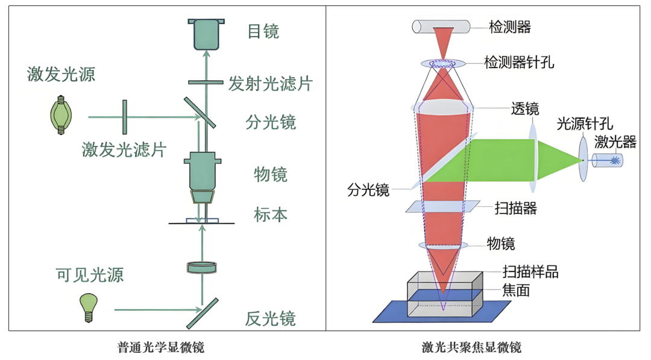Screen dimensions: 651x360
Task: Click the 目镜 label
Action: click(x=263, y=31)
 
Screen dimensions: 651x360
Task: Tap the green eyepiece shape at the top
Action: click(x=206, y=34)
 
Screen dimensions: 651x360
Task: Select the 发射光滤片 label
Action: click(x=270, y=83)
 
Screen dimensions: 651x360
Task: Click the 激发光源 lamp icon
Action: click(x=61, y=115)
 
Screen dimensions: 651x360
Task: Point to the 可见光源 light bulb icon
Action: click(x=89, y=308)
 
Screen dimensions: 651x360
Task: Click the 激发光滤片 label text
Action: click(x=124, y=150)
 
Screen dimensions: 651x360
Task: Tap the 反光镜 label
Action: click(x=270, y=318)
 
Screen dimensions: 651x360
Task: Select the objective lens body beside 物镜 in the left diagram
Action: click(x=202, y=178)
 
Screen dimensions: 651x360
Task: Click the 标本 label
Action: click(x=271, y=215)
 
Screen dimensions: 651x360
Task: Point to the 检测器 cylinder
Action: click(x=441, y=27)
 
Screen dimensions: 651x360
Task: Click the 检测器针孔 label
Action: click(x=519, y=62)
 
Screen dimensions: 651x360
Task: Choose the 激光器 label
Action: click(x=615, y=142)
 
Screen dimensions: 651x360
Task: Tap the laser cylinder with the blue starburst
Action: click(x=607, y=160)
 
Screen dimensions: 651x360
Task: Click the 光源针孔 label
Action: click(x=585, y=124)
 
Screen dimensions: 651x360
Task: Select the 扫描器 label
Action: click(x=515, y=207)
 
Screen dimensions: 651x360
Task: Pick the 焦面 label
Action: click(x=516, y=290)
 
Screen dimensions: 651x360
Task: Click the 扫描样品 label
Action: click(x=530, y=271)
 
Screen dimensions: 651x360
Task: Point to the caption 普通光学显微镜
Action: click(x=161, y=347)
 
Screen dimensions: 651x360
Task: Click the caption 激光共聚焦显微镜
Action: click(x=471, y=347)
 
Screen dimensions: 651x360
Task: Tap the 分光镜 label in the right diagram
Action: click(x=368, y=190)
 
